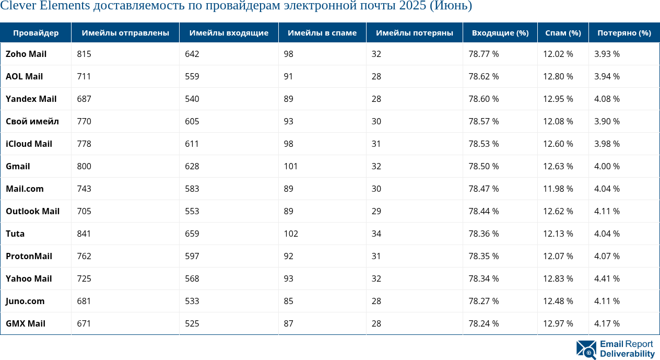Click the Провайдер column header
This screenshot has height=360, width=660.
(36, 33)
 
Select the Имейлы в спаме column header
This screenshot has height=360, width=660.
(322, 33)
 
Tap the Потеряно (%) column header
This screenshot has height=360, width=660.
(624, 33)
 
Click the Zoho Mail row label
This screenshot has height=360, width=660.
(26, 54)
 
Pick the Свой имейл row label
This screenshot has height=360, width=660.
(32, 121)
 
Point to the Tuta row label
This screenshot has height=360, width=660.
(15, 234)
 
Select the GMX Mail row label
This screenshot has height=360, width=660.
(26, 323)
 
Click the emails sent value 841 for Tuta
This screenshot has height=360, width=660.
(84, 234)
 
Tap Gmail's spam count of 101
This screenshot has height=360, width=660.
(291, 166)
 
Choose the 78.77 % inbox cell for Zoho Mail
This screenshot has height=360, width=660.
(484, 54)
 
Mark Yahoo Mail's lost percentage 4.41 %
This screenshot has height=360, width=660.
(607, 278)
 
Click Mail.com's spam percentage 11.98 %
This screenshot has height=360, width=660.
(558, 189)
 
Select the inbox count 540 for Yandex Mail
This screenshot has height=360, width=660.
(192, 99)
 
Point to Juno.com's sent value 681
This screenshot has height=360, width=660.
(84, 301)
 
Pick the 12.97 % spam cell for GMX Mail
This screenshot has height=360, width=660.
(558, 323)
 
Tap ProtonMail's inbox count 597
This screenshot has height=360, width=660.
(192, 256)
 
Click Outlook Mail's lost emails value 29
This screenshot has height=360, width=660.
(376, 211)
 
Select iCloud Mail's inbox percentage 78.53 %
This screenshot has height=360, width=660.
(484, 144)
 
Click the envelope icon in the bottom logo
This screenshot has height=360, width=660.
(586, 350)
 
